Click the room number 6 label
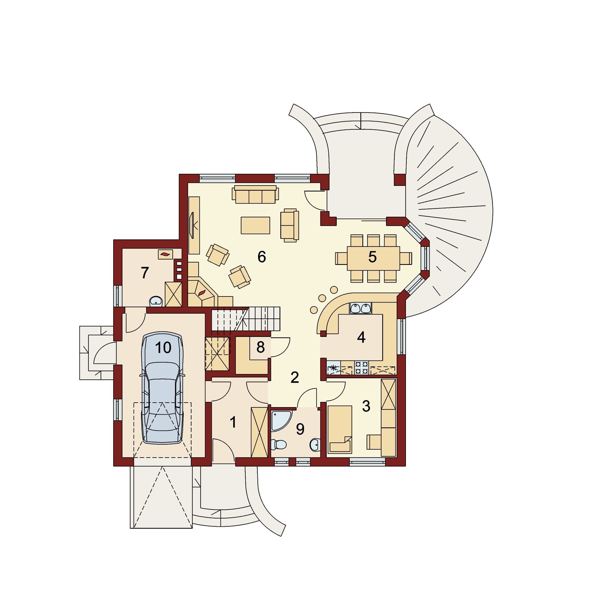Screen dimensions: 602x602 pos(261,257)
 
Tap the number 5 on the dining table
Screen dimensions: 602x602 pos(372,257)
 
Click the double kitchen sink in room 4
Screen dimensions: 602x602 pos(360,308)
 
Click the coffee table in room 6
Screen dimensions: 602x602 pos(255,225)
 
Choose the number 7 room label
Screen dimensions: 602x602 pos(145,273)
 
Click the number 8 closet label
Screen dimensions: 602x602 pos(260,347)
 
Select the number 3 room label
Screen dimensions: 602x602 pos(366,406)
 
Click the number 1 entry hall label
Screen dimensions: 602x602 pos(233,422)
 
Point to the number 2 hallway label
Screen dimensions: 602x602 pos(295,377)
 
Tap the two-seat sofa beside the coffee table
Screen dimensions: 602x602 pos(290,225)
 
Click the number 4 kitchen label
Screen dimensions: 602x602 pos(361,337)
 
